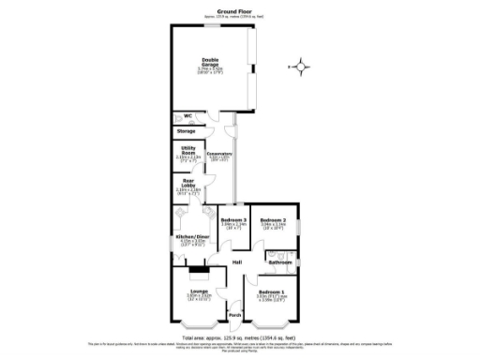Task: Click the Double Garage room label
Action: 209,63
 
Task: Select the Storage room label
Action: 187,131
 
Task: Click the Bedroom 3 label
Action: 232,219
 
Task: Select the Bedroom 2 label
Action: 274,219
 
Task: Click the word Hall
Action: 237,261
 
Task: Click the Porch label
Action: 235,314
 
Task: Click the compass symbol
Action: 300,66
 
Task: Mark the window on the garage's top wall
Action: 210,26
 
